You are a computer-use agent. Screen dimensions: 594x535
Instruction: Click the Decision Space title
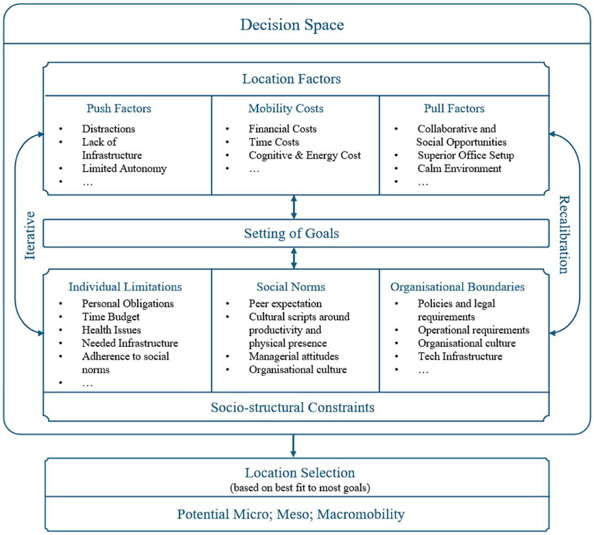(292, 25)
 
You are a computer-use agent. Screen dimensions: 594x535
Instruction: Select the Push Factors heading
(119, 109)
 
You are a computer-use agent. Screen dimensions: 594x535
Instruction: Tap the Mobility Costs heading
(286, 109)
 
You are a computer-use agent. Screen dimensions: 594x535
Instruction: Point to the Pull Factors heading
(454, 109)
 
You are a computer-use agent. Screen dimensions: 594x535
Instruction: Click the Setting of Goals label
(292, 234)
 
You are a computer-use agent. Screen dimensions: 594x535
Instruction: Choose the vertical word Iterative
(30, 235)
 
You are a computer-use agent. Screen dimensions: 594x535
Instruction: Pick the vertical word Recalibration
(564, 235)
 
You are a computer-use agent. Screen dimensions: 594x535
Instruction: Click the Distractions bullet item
(108, 129)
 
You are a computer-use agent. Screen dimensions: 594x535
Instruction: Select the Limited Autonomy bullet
(124, 169)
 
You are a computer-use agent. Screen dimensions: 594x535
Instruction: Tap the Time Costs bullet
(274, 142)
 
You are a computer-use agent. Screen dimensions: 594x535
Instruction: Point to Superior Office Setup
(466, 155)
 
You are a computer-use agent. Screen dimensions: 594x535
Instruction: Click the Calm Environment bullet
(459, 169)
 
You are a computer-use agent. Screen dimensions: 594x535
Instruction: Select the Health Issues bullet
(111, 330)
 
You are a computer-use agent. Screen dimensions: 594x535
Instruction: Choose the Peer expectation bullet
(285, 304)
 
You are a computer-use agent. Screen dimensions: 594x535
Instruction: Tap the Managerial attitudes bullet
(294, 356)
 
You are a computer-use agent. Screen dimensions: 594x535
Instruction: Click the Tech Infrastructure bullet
(460, 356)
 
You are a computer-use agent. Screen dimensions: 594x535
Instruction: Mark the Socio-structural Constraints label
(292, 408)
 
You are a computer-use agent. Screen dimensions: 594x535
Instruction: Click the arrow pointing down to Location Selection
(293, 446)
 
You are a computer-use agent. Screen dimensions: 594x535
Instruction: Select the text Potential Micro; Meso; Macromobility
(291, 514)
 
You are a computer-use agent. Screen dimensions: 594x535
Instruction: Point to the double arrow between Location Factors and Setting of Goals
(294, 207)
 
